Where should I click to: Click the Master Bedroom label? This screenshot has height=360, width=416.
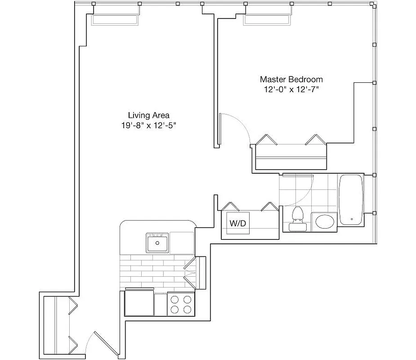click(291, 79)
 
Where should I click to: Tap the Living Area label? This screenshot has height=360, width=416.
click(148, 115)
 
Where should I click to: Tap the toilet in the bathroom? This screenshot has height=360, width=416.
click(297, 218)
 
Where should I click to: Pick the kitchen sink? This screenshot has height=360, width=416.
click(157, 243)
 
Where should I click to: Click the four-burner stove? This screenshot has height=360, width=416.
click(181, 304)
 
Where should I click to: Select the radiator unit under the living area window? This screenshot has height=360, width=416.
click(115, 20)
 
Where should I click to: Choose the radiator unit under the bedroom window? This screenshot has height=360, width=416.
click(267, 20)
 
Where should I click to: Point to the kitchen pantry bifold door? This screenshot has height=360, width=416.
click(191, 272)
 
